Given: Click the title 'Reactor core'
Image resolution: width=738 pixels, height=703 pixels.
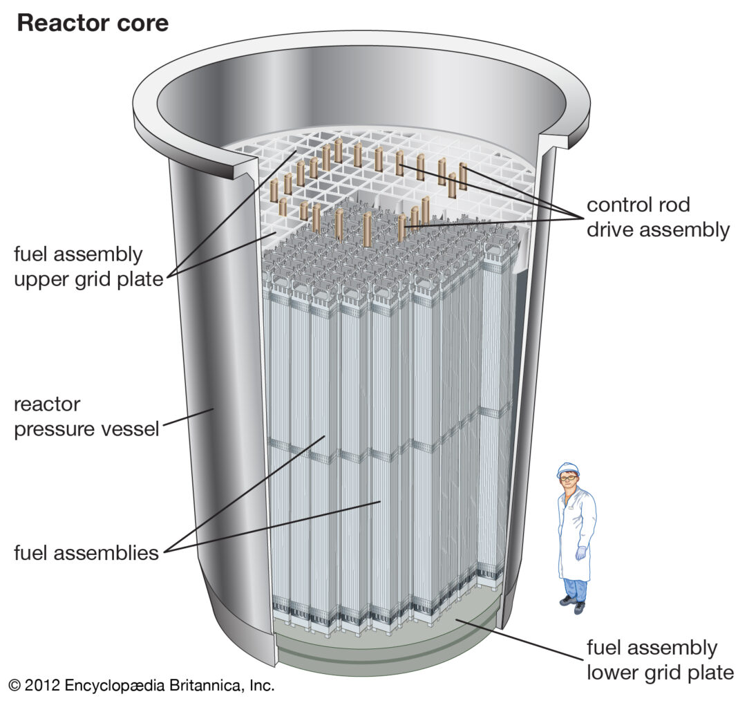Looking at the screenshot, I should (x=93, y=23).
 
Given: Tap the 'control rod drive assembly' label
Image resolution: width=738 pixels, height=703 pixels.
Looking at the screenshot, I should (x=657, y=217).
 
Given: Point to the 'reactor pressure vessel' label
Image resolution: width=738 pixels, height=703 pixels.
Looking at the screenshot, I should (x=86, y=416).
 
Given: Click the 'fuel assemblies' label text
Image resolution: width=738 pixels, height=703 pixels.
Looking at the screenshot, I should (x=86, y=553).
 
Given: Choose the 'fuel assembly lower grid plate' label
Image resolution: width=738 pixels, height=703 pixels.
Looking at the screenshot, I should (x=659, y=659).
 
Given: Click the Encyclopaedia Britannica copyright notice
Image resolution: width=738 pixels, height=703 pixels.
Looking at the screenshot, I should (x=142, y=686).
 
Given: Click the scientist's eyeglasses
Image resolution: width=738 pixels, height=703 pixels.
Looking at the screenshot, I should (x=569, y=478).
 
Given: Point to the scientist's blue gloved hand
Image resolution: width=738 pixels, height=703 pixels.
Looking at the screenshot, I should (x=581, y=552).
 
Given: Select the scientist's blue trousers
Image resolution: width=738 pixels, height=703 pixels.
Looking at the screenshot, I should (x=574, y=588).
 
